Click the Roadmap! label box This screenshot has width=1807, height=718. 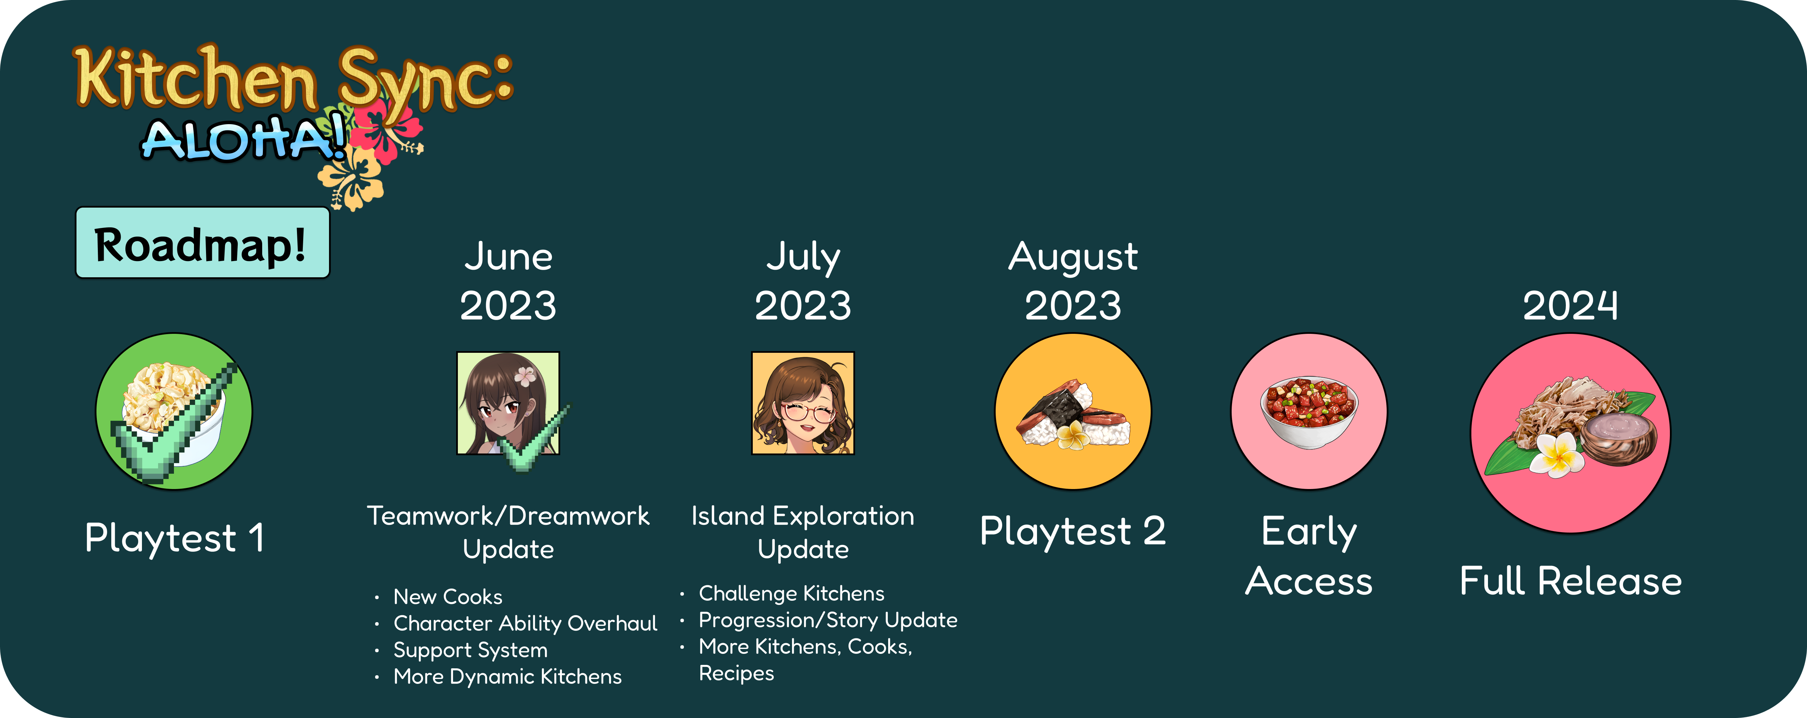[203, 243]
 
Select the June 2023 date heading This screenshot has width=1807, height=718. [509, 281]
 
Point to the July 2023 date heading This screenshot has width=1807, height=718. [803, 281]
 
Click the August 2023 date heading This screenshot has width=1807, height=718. [1073, 281]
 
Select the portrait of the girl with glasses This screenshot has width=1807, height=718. [803, 403]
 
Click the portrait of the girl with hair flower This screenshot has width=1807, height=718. [509, 403]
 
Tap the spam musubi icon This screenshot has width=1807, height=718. [1073, 411]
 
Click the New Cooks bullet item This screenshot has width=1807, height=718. [448, 597]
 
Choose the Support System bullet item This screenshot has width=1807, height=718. [470, 650]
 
